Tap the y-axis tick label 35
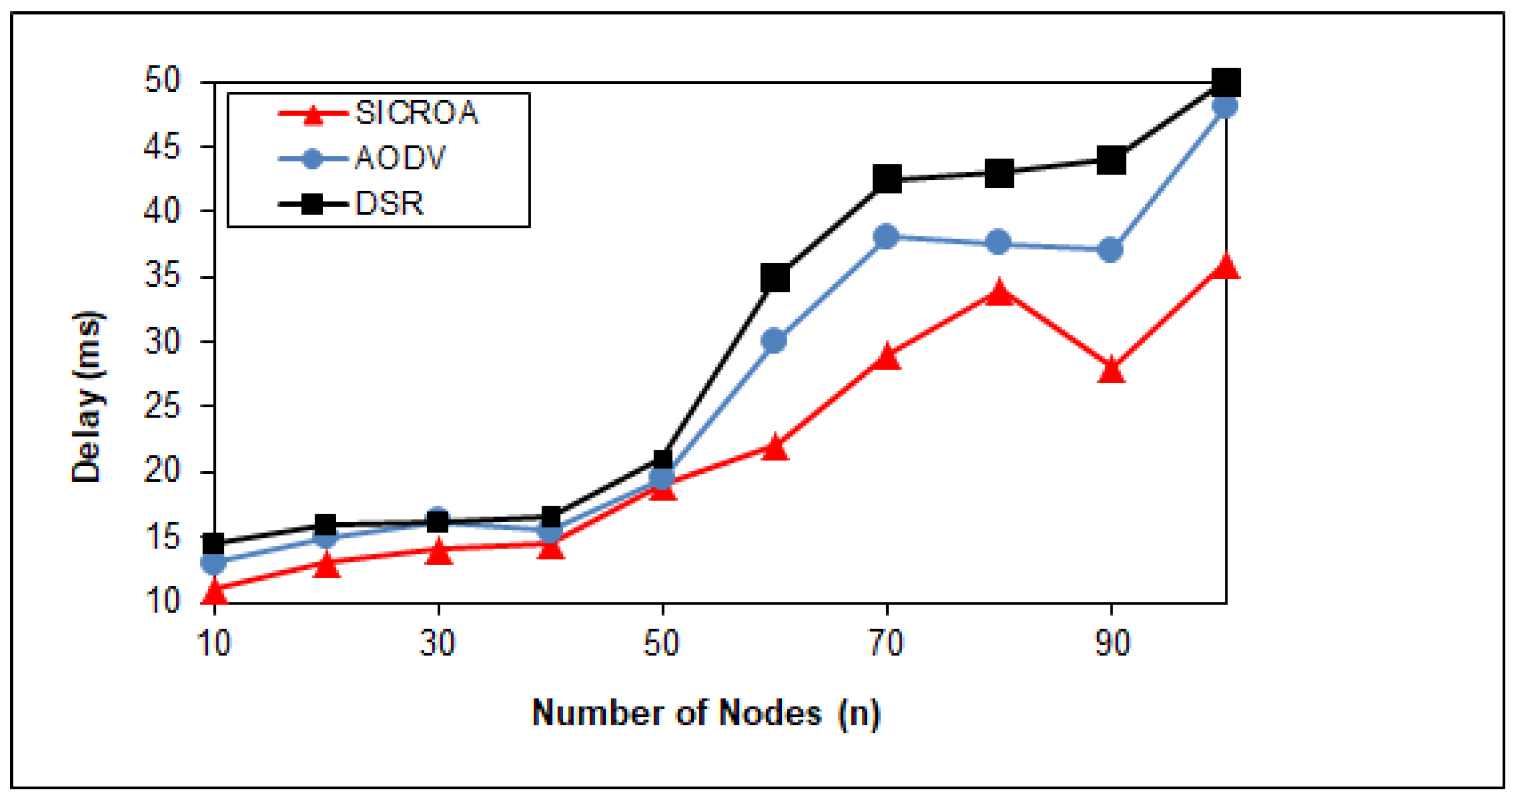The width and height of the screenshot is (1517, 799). pos(161,276)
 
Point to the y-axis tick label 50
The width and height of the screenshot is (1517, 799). pos(161,80)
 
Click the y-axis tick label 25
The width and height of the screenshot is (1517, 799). pos(161,407)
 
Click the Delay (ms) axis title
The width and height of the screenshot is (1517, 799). pos(87,397)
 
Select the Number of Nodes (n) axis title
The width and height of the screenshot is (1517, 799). pos(706,713)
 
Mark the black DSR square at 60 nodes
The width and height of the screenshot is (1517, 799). pos(775,278)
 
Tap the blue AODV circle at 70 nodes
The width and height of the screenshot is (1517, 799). pos(886,236)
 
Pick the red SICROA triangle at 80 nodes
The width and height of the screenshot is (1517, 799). pos(999,293)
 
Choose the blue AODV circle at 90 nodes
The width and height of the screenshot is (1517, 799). pos(1110,250)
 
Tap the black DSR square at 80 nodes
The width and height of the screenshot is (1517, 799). pos(999,172)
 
